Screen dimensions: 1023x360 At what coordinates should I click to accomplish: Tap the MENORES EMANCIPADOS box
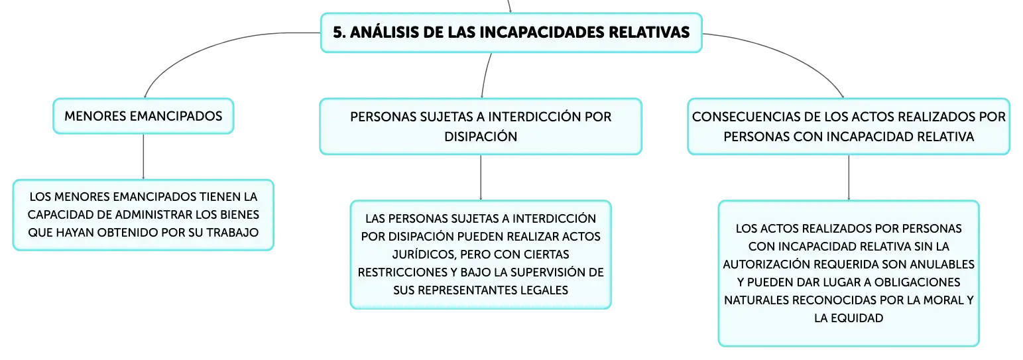[x=143, y=116]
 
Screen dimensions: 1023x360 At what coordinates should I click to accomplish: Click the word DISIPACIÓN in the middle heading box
[x=481, y=137]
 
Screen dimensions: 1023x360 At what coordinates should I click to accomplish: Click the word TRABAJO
[x=232, y=233]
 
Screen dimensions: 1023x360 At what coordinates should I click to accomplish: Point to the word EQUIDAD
[x=857, y=318]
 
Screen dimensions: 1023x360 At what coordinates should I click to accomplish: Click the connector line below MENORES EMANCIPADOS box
[x=143, y=156]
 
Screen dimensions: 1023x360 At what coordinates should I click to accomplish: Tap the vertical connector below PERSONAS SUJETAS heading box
[x=481, y=177]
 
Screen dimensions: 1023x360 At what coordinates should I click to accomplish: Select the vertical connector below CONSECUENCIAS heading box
[x=849, y=177]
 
